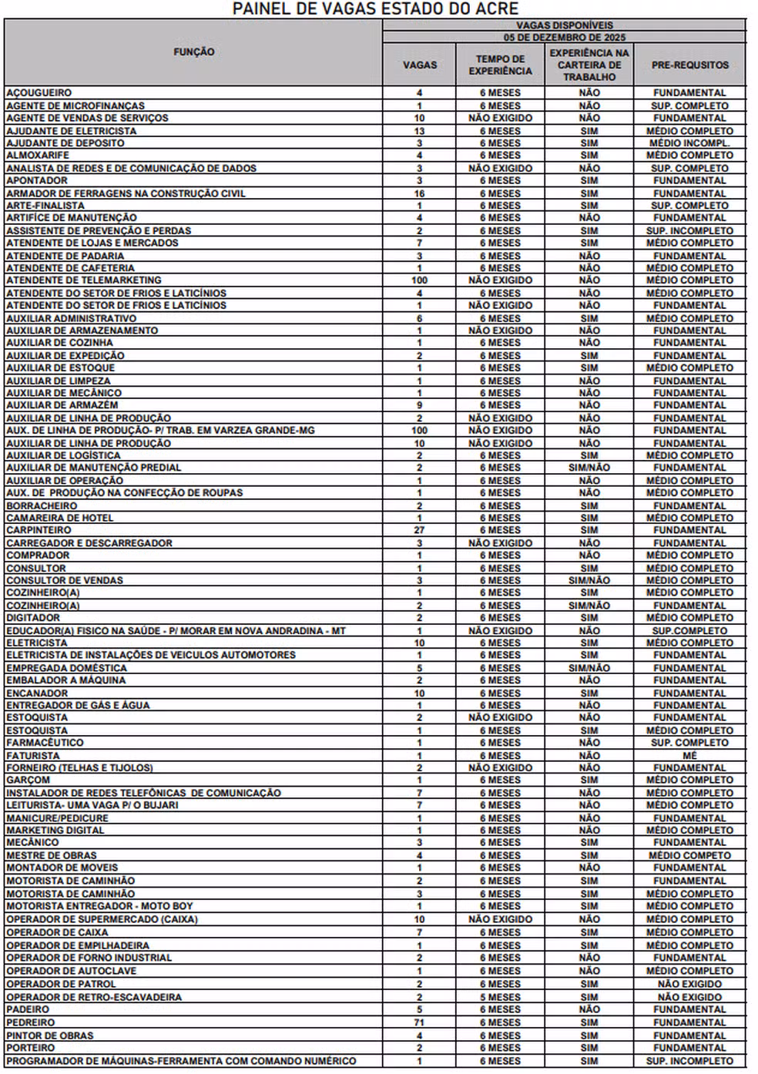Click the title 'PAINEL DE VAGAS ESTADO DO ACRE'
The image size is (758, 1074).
point(375,8)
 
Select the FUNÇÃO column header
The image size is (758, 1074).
point(193,52)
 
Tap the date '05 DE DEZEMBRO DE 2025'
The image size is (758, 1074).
point(564,37)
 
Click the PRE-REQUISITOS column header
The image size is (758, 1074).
point(689,65)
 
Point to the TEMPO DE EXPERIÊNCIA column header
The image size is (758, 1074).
point(500,65)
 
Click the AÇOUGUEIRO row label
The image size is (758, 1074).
point(39,93)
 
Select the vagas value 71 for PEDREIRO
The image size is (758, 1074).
point(420,1022)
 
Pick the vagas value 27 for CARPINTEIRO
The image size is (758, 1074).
point(420,530)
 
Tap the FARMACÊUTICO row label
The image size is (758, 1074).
point(45,743)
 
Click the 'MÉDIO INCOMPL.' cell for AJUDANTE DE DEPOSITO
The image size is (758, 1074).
point(689,143)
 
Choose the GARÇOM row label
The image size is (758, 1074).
point(29,780)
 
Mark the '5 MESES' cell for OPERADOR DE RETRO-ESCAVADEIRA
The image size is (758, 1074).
point(500,997)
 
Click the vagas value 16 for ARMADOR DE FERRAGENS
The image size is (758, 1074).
point(420,193)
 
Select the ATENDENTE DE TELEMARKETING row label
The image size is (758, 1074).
point(84,280)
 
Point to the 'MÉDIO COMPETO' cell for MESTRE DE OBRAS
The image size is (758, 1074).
point(689,855)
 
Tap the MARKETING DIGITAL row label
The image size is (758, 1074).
point(55,831)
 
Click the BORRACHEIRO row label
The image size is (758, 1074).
point(42,506)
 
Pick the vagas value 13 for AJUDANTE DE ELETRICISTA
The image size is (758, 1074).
point(420,131)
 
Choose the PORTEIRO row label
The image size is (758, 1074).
point(31,1048)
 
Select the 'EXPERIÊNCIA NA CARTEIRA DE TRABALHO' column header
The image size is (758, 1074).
point(589,65)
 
